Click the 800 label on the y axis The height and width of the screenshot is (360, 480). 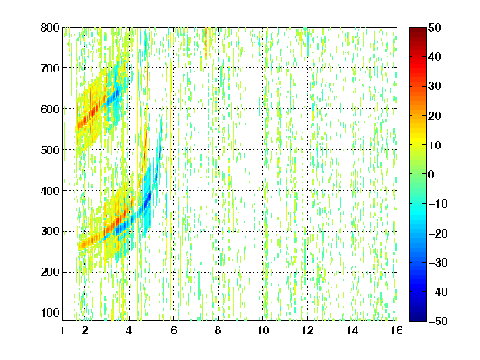pos(50,27)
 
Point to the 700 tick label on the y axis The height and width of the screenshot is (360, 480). pos(50,68)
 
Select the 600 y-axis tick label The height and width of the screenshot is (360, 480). pos(50,109)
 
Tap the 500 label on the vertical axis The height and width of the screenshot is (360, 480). pos(50,150)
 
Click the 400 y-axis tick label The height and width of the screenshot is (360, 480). pos(50,191)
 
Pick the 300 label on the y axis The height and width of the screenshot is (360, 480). pos(50,232)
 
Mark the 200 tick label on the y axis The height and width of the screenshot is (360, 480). pos(50,272)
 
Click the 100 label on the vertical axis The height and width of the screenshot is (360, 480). pos(50,312)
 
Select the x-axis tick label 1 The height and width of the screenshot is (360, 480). pos(62,330)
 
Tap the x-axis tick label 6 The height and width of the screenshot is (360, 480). pos(174,330)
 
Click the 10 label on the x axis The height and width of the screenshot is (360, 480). pos(263,330)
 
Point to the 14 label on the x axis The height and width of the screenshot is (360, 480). pos(352,330)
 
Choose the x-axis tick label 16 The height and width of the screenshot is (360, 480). pos(397,330)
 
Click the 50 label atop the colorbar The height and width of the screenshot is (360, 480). pos(434,27)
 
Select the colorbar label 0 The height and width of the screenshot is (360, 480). pos(432,174)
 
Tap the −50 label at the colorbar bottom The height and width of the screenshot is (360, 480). pos(438,321)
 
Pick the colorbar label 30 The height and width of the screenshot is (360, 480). pos(434,87)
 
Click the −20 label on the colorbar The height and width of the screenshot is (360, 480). pos(438,233)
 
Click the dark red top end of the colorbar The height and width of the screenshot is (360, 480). pos(417,29)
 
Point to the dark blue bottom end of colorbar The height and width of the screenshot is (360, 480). pos(417,318)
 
